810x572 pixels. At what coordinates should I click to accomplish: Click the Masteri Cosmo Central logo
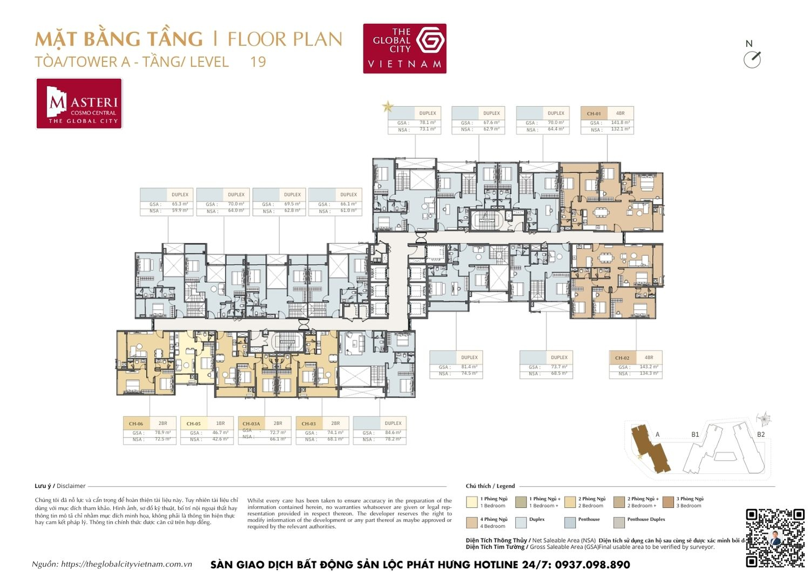79,104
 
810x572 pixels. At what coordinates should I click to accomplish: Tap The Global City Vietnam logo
404,48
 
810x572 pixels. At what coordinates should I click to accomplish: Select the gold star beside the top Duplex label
388,107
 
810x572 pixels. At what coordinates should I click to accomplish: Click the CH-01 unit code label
593,113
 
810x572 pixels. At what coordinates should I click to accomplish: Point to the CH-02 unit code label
622,358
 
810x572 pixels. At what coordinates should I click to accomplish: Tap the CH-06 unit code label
136,424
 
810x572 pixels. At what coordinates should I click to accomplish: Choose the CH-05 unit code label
193,424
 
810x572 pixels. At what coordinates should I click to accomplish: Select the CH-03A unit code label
251,424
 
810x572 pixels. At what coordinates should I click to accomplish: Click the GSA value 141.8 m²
620,122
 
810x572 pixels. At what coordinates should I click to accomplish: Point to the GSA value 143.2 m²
649,366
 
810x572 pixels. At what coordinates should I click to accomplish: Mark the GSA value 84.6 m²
393,432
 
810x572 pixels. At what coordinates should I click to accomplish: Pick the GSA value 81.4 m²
469,366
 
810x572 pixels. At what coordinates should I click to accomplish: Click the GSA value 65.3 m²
180,204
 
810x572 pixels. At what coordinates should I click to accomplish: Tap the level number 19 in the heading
258,62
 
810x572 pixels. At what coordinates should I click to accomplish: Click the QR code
775,537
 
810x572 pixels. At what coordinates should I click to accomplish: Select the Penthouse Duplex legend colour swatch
619,522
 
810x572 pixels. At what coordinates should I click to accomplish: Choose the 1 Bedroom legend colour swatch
471,502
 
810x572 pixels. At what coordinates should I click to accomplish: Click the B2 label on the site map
760,434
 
